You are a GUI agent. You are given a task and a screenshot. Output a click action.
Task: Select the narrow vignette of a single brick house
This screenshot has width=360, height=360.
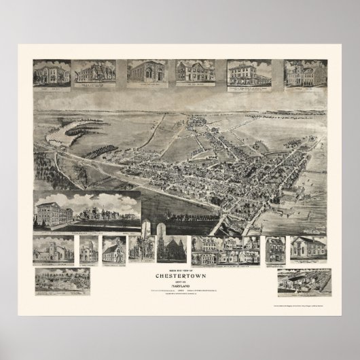(275, 249)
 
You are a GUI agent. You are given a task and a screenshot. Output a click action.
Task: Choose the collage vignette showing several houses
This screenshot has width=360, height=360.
(225, 250)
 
